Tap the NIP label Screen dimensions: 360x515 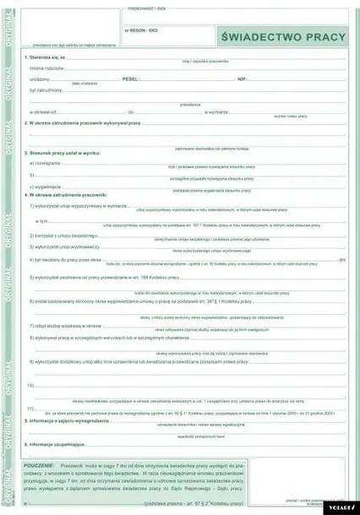[242, 77]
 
